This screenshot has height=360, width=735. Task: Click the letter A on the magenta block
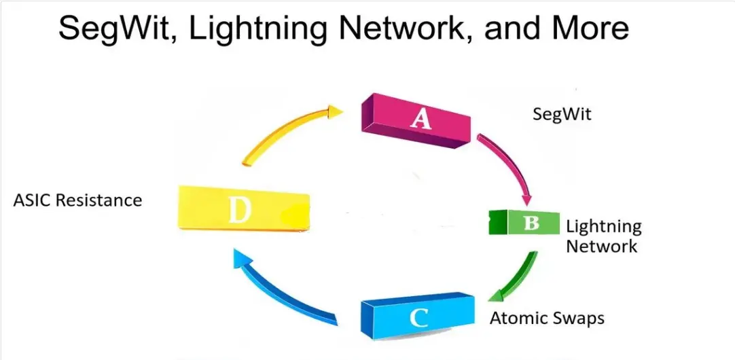(420, 119)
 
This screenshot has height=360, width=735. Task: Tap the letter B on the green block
(531, 223)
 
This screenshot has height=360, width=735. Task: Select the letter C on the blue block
(418, 318)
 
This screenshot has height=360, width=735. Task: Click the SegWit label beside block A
(562, 114)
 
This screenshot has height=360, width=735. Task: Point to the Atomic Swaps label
(547, 319)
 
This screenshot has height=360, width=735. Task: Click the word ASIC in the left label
(33, 200)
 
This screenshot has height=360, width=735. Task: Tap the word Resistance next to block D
(99, 200)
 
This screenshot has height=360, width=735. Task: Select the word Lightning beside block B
(604, 228)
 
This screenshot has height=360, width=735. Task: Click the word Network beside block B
(602, 246)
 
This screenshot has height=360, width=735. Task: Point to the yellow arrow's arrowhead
(335, 111)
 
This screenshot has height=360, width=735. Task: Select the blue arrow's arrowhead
(241, 258)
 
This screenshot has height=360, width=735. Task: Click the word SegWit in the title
(118, 28)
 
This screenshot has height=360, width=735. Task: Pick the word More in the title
(591, 27)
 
